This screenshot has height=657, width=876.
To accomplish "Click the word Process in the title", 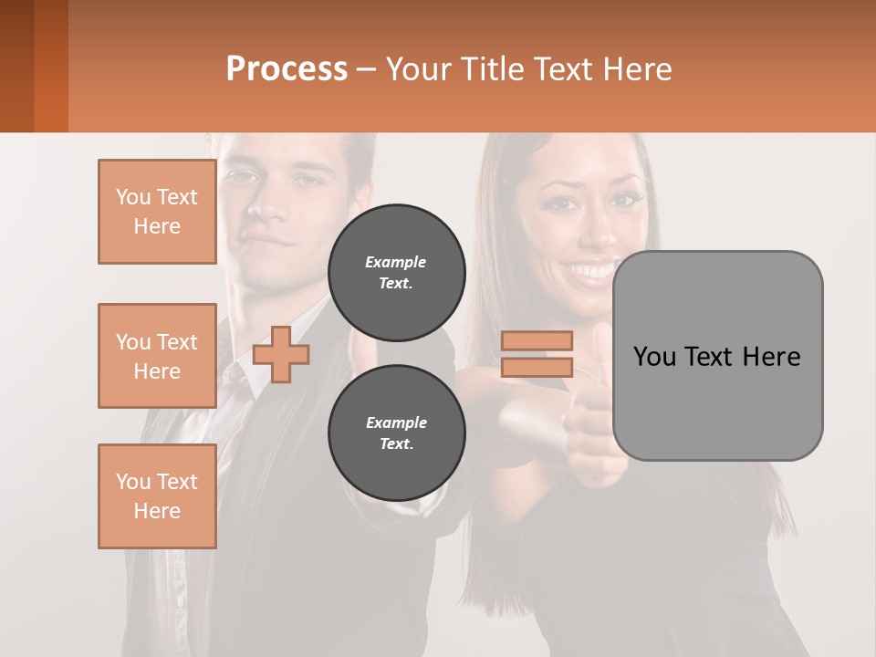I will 287,68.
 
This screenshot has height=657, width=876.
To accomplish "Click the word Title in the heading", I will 490,68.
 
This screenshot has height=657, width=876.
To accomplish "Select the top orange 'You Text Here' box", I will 157,212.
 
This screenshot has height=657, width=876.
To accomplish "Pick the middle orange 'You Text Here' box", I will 157,356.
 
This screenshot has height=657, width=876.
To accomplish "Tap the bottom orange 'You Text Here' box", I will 157,496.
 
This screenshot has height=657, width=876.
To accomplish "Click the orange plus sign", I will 281,354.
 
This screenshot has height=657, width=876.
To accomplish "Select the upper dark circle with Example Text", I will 396,272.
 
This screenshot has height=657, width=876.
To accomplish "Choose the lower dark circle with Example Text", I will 396,433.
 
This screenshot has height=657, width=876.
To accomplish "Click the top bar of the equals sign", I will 537,341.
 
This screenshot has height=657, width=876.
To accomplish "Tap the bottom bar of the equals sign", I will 537,367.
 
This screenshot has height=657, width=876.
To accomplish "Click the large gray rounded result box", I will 717,356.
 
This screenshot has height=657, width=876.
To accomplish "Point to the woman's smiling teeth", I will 591,271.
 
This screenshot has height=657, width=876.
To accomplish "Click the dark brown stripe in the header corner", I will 16,66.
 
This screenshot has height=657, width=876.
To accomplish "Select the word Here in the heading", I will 638,68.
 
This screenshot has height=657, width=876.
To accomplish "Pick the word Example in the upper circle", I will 396,262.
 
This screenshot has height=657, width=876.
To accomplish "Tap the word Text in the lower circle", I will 396,443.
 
